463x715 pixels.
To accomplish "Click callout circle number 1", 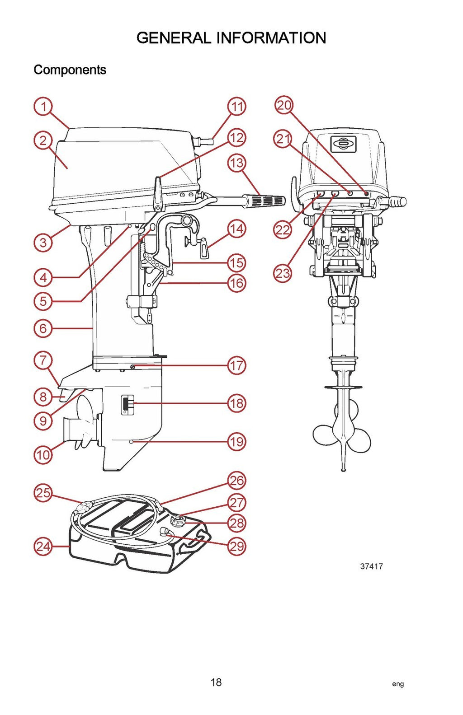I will (x=43, y=107).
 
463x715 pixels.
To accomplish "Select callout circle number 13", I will (x=236, y=163).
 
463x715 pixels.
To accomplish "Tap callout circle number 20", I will (x=284, y=106).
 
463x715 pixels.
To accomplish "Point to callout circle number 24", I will (x=43, y=547).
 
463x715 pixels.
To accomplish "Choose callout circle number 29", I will (x=237, y=547).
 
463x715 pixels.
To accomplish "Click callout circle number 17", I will (x=236, y=365).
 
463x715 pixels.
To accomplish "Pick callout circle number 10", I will (x=43, y=454).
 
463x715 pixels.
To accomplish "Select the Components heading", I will (x=70, y=70).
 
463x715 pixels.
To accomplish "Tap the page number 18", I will (x=216, y=682).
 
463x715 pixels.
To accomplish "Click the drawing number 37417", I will (x=371, y=566).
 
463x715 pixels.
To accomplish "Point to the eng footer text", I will (x=398, y=684).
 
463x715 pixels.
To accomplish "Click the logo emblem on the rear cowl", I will (x=344, y=144).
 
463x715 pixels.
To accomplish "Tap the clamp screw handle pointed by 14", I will (x=204, y=251).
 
